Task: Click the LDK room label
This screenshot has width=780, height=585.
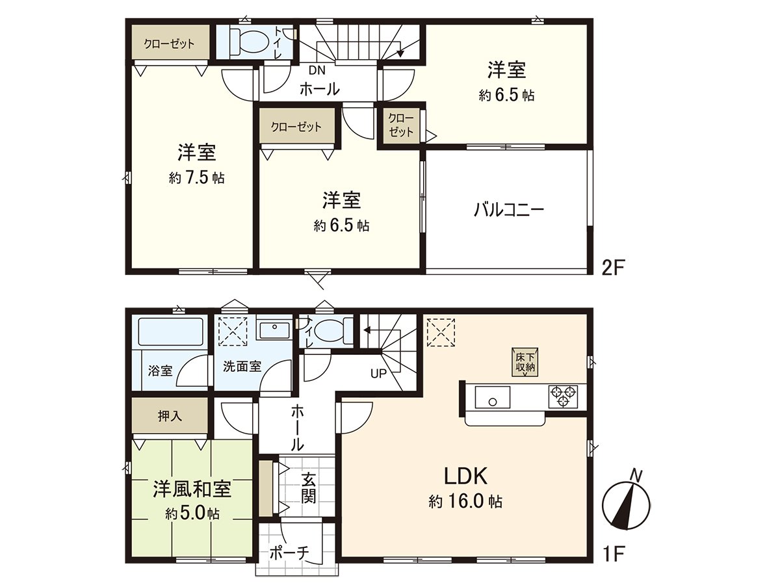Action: click(466, 476)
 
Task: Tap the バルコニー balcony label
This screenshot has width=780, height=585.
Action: click(508, 210)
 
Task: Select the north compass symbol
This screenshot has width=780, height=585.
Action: click(627, 502)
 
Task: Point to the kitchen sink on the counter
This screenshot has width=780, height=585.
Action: click(493, 396)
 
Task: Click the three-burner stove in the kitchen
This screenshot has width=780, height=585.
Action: click(564, 396)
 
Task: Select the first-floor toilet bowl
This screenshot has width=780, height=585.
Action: click(332, 331)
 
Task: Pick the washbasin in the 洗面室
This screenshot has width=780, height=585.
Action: click(275, 330)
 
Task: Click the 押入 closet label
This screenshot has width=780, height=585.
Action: click(170, 416)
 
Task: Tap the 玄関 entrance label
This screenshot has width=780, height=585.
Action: click(309, 488)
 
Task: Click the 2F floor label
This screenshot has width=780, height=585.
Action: click(612, 268)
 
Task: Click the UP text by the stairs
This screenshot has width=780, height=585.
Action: click(378, 374)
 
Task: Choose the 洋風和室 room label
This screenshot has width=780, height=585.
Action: click(192, 489)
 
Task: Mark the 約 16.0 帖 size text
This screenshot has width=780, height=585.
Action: click(466, 501)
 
